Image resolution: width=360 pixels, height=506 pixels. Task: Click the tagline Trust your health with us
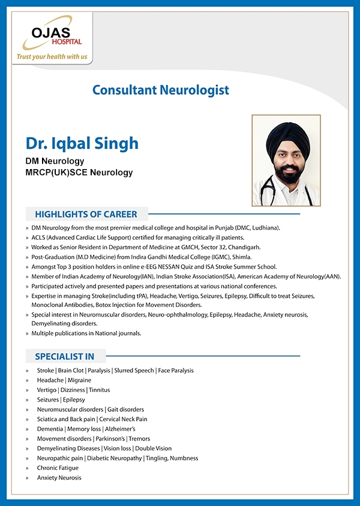tap(52, 57)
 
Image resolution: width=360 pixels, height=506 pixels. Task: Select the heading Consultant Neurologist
tap(161, 90)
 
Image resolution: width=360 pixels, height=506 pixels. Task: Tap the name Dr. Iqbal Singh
tap(82, 143)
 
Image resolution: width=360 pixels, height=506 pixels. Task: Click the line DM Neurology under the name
tap(55, 161)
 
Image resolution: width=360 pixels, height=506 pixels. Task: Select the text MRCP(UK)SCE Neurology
tap(79, 173)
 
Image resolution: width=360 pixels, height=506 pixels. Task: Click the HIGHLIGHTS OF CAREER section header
tap(86, 214)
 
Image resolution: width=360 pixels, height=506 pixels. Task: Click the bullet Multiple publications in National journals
tap(86, 333)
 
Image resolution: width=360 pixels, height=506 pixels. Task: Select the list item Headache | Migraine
tap(64, 380)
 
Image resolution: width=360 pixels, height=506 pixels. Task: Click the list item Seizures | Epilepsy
tap(61, 399)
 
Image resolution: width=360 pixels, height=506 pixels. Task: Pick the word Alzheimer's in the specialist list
tap(119, 429)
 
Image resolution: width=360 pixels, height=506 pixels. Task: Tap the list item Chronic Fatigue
tap(59, 468)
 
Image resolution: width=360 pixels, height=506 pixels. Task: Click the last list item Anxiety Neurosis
tap(59, 477)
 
